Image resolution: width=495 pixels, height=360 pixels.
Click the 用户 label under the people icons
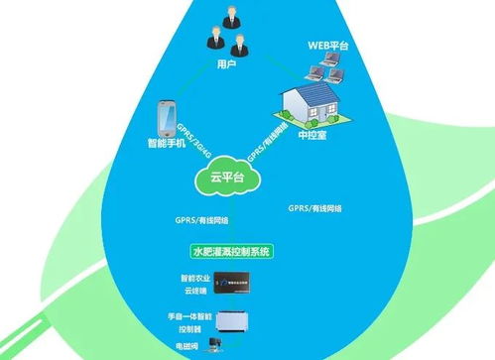[226, 64]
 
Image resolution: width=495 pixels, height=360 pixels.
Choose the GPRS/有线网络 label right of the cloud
[314, 209]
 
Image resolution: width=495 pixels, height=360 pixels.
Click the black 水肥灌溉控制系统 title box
[231, 253]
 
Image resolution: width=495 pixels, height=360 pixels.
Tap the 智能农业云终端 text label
[196, 285]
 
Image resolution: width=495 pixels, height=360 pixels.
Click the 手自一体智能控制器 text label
[193, 323]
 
